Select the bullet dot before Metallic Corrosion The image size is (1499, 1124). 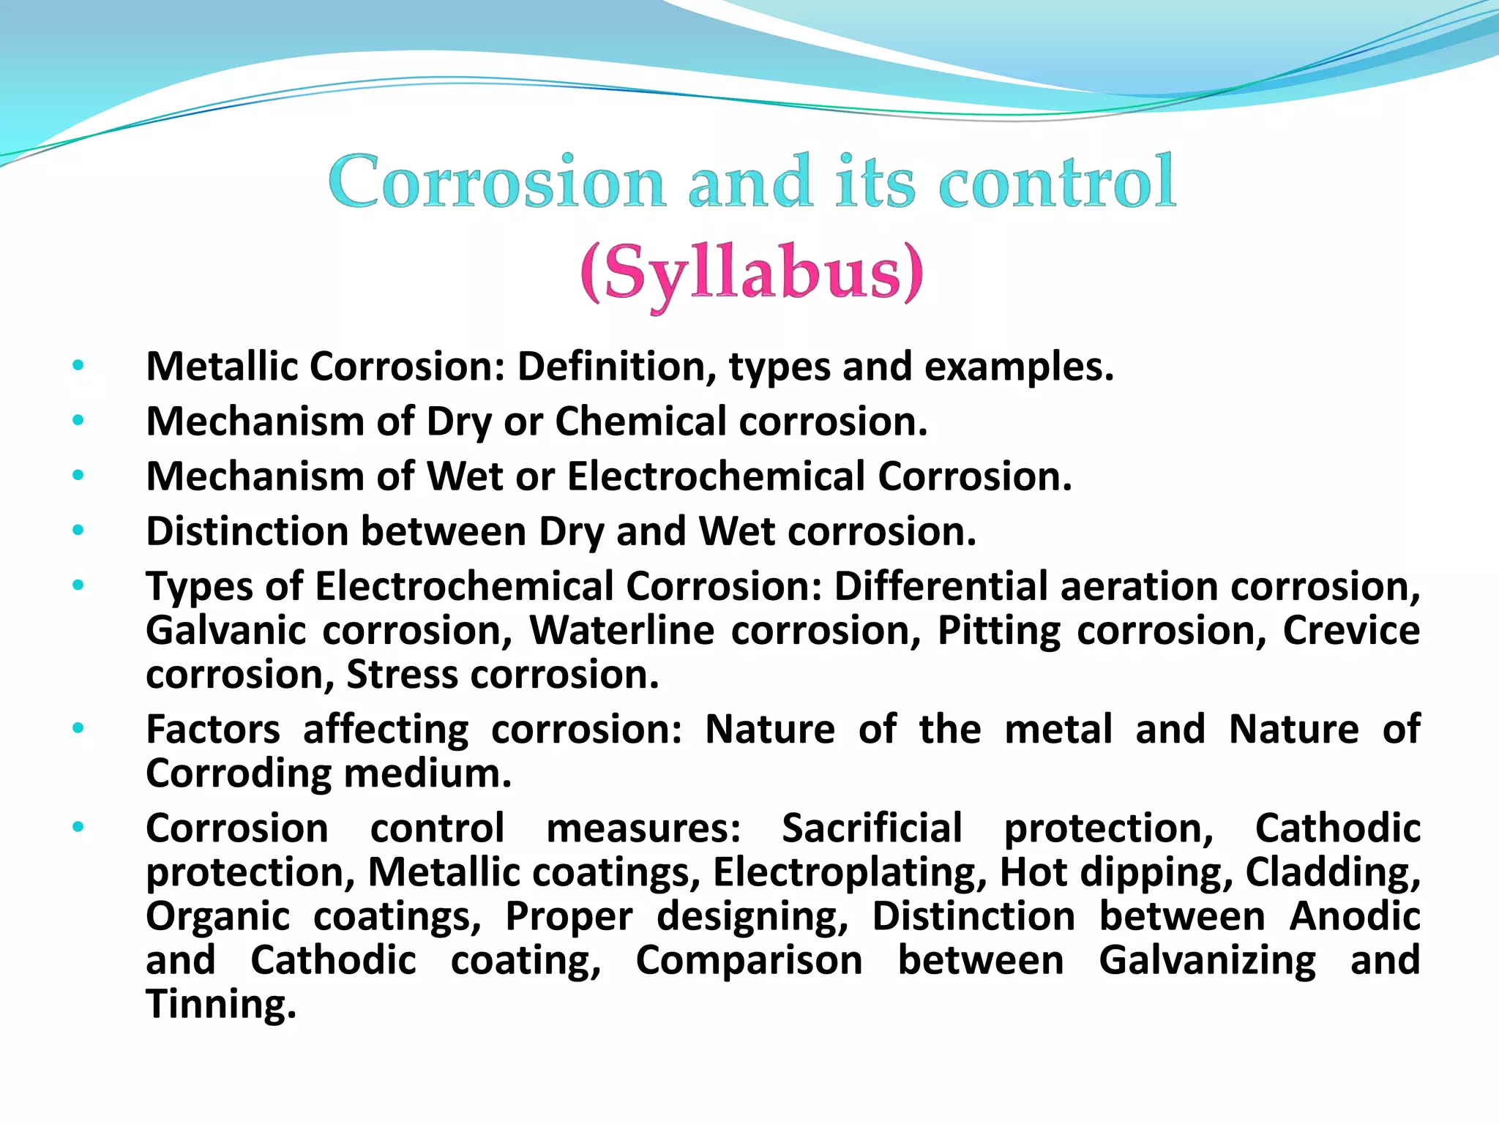[x=78, y=365]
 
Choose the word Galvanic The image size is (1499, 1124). [x=225, y=631]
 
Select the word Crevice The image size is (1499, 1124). [x=1351, y=631]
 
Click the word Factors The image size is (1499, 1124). [x=213, y=730]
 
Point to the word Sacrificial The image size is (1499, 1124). [x=872, y=828]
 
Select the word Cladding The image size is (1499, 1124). [x=1332, y=872]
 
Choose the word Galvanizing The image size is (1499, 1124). [x=1207, y=960]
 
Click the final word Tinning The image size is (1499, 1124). [x=220, y=1004]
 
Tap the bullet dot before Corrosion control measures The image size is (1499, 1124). [x=78, y=828]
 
